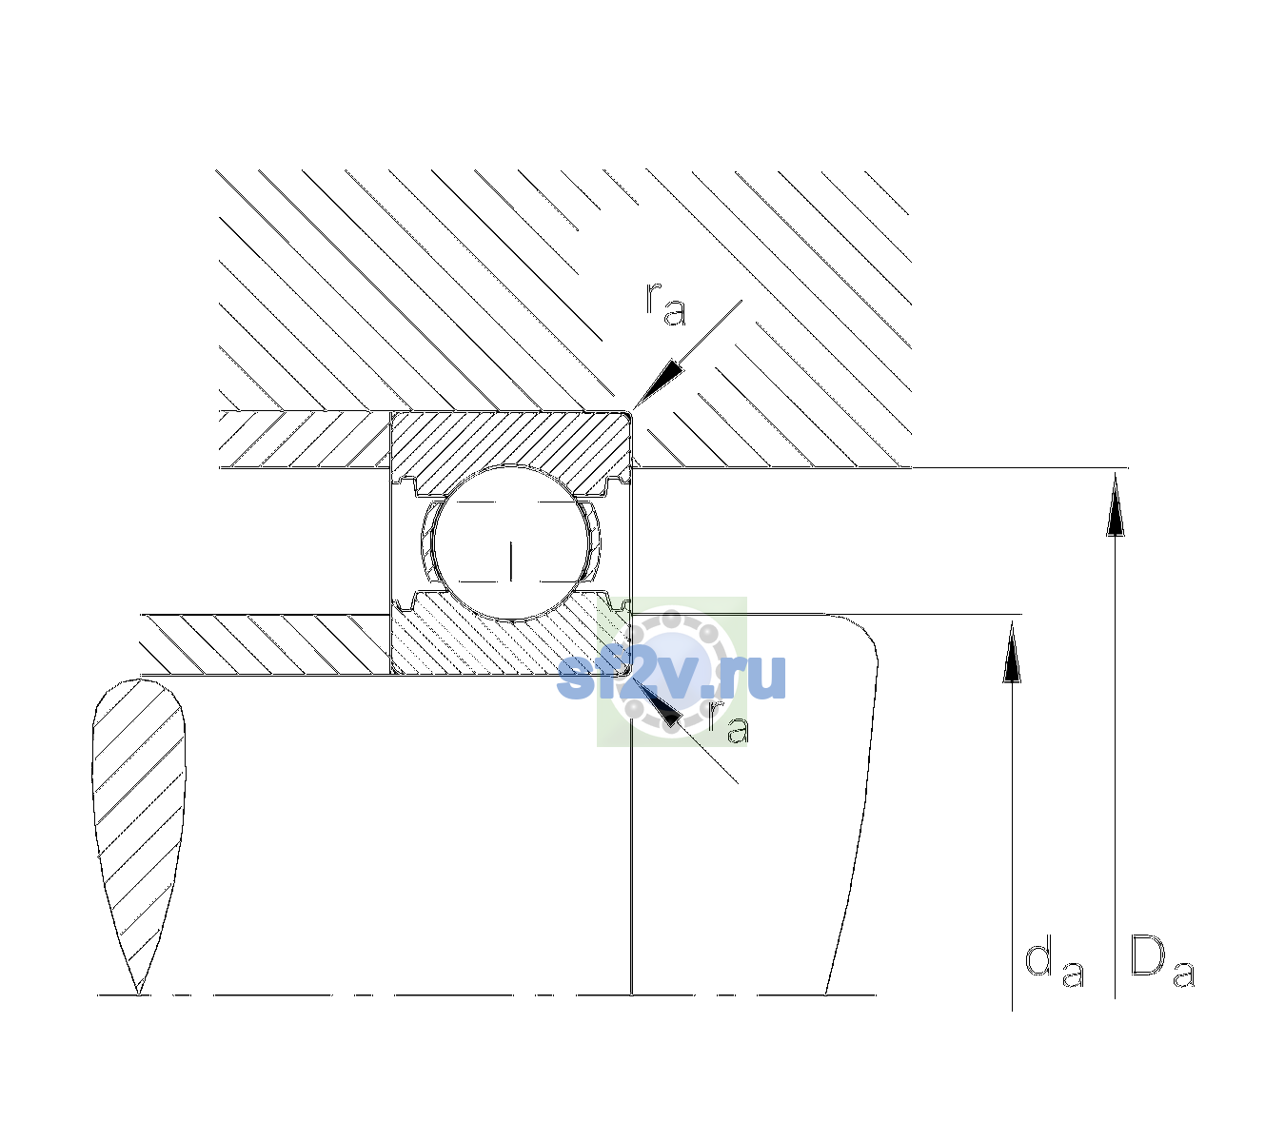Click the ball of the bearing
coord(511,542)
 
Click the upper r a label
coord(666,305)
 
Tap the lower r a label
coord(729,722)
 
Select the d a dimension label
coord(1055,964)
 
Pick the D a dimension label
coord(1162,961)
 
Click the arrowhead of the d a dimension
coord(1012,652)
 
